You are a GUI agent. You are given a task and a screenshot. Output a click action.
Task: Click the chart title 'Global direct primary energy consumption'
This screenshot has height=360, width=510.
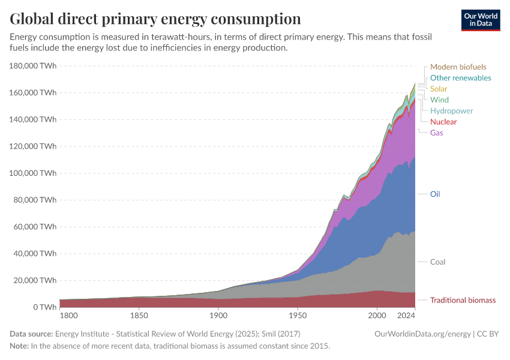155,19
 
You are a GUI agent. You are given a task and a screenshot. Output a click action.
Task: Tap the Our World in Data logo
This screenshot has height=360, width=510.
480,20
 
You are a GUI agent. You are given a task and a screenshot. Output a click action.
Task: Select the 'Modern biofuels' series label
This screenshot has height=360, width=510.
458,67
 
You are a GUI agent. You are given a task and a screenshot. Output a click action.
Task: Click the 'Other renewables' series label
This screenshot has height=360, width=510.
460,78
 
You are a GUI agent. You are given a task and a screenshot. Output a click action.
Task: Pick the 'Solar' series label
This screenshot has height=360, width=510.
439,89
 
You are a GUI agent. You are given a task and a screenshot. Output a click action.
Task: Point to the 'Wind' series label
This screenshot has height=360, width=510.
439,100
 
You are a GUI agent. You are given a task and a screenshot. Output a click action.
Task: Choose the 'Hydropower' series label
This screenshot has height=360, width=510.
451,111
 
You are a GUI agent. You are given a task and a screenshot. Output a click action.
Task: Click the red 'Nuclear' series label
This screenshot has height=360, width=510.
443,122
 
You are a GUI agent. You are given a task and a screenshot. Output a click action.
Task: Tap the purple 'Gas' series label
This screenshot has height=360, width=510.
436,133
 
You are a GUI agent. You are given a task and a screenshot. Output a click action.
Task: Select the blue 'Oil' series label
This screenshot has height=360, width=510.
435,194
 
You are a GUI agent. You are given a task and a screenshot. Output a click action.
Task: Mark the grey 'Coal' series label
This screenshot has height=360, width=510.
437,262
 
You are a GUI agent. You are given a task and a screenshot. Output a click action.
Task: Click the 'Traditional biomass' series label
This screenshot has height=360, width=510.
463,300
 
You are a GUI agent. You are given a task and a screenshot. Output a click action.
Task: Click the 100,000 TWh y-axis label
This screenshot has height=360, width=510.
34,173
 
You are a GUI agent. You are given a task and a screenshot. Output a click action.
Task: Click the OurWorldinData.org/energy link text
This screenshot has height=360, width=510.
422,334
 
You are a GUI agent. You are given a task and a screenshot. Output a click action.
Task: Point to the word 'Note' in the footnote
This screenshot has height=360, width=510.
19,346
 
